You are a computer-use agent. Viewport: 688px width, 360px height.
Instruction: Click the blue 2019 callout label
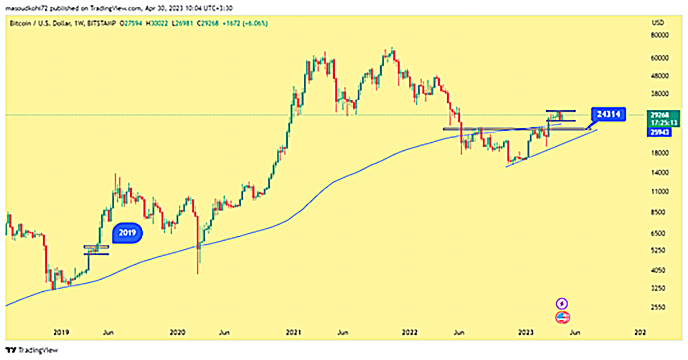pyautogui.click(x=127, y=232)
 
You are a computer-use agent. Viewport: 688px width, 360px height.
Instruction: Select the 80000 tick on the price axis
pyautogui.click(x=661, y=36)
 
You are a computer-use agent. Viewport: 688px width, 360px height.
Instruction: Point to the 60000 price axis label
pyautogui.click(x=661, y=58)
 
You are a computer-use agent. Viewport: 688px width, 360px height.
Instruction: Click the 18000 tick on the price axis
pyautogui.click(x=661, y=153)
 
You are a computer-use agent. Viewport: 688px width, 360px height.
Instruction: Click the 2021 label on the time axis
pyautogui.click(x=294, y=332)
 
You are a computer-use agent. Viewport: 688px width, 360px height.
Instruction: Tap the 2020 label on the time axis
pyautogui.click(x=178, y=332)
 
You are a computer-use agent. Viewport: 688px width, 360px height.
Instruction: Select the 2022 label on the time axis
pyautogui.click(x=409, y=332)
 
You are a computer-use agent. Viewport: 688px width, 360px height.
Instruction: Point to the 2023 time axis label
pyautogui.click(x=526, y=332)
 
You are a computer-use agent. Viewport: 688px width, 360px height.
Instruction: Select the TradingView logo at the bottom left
pyautogui.click(x=32, y=350)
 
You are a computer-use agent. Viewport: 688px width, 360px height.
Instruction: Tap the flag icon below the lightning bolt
pyautogui.click(x=562, y=316)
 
